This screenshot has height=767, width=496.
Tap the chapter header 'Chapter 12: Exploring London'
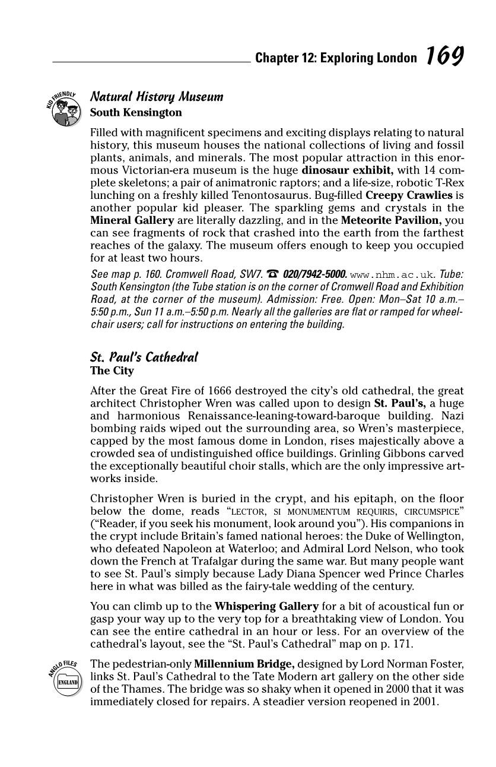click(336, 58)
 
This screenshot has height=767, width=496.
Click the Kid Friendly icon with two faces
click(65, 110)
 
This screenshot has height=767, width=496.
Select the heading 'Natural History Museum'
click(157, 96)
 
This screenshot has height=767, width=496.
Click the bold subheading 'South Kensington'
click(136, 112)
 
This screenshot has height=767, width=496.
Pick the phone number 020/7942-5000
click(315, 274)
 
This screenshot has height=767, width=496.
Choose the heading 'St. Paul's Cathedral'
click(144, 357)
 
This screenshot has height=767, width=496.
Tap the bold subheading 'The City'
click(112, 371)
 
